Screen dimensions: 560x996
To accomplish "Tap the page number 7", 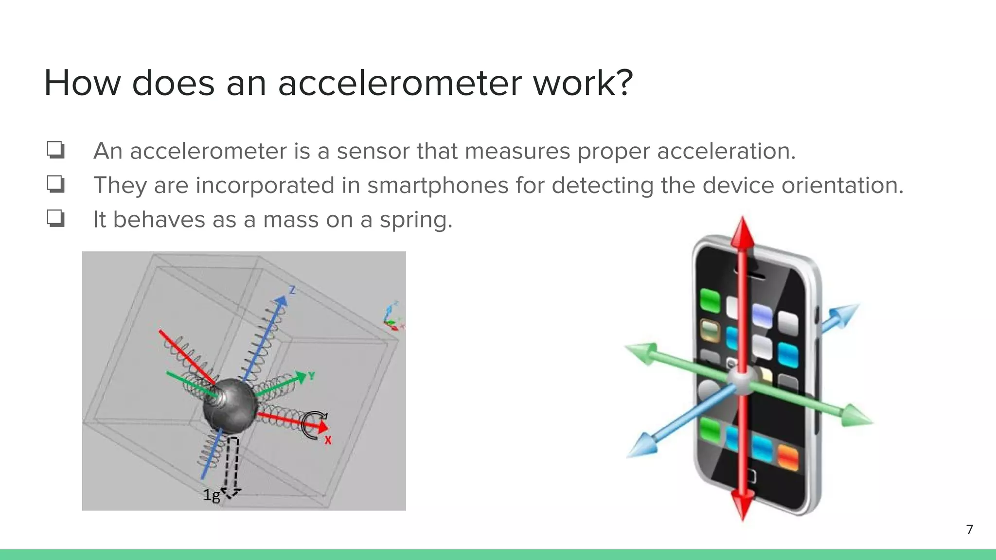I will (969, 529).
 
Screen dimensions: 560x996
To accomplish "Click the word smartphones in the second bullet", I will (437, 185).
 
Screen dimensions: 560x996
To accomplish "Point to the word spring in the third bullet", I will (415, 220).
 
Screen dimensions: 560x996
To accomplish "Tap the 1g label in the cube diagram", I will (211, 495).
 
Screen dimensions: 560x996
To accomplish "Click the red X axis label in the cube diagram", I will (328, 440).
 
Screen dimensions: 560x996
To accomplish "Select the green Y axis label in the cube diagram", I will (311, 376).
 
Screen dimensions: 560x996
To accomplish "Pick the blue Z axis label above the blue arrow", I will (292, 290).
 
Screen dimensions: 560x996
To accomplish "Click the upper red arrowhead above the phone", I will (742, 232).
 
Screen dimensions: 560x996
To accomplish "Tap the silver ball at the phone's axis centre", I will (742, 380).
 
